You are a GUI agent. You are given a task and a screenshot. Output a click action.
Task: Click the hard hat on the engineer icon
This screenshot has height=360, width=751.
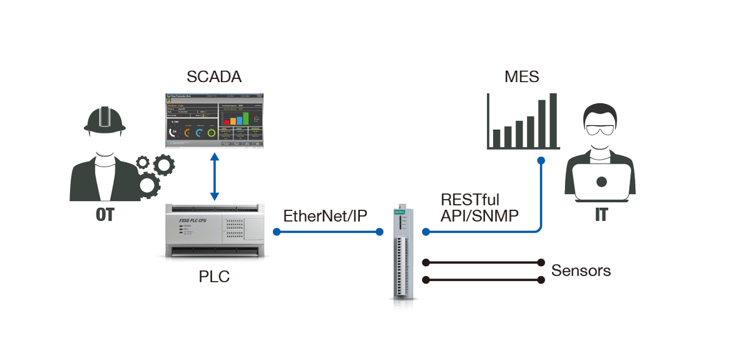105,120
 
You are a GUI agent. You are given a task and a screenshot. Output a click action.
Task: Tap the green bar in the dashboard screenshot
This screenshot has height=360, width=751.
246,118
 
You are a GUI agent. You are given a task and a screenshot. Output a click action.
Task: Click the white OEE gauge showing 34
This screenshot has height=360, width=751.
173,133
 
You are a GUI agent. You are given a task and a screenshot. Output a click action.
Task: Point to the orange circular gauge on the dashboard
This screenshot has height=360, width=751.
186,133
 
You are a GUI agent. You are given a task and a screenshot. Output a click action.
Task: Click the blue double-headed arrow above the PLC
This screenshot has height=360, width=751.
214,177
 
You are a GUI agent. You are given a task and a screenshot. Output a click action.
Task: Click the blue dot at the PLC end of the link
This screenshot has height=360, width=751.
276,232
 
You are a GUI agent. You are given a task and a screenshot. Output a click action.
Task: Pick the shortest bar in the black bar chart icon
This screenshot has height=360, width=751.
496,138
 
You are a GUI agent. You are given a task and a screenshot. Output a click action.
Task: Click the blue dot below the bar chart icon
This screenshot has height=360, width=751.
541,160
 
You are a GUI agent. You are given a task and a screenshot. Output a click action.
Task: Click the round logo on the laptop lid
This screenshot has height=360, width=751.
601,182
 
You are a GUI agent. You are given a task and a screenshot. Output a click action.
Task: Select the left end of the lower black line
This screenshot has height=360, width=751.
426,280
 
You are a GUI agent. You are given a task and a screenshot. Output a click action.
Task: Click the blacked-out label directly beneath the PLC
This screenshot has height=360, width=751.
214,276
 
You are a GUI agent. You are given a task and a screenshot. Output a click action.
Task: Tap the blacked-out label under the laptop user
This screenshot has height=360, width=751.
601,215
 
